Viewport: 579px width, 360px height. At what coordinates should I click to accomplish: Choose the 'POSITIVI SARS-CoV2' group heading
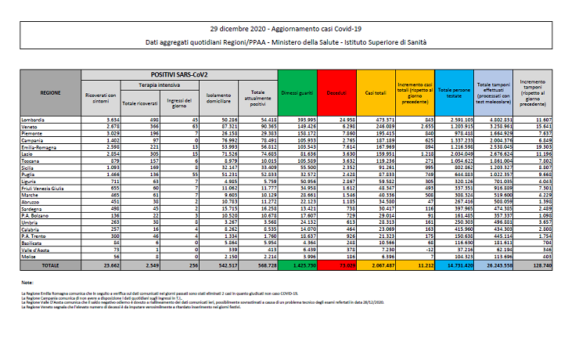point(178,73)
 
